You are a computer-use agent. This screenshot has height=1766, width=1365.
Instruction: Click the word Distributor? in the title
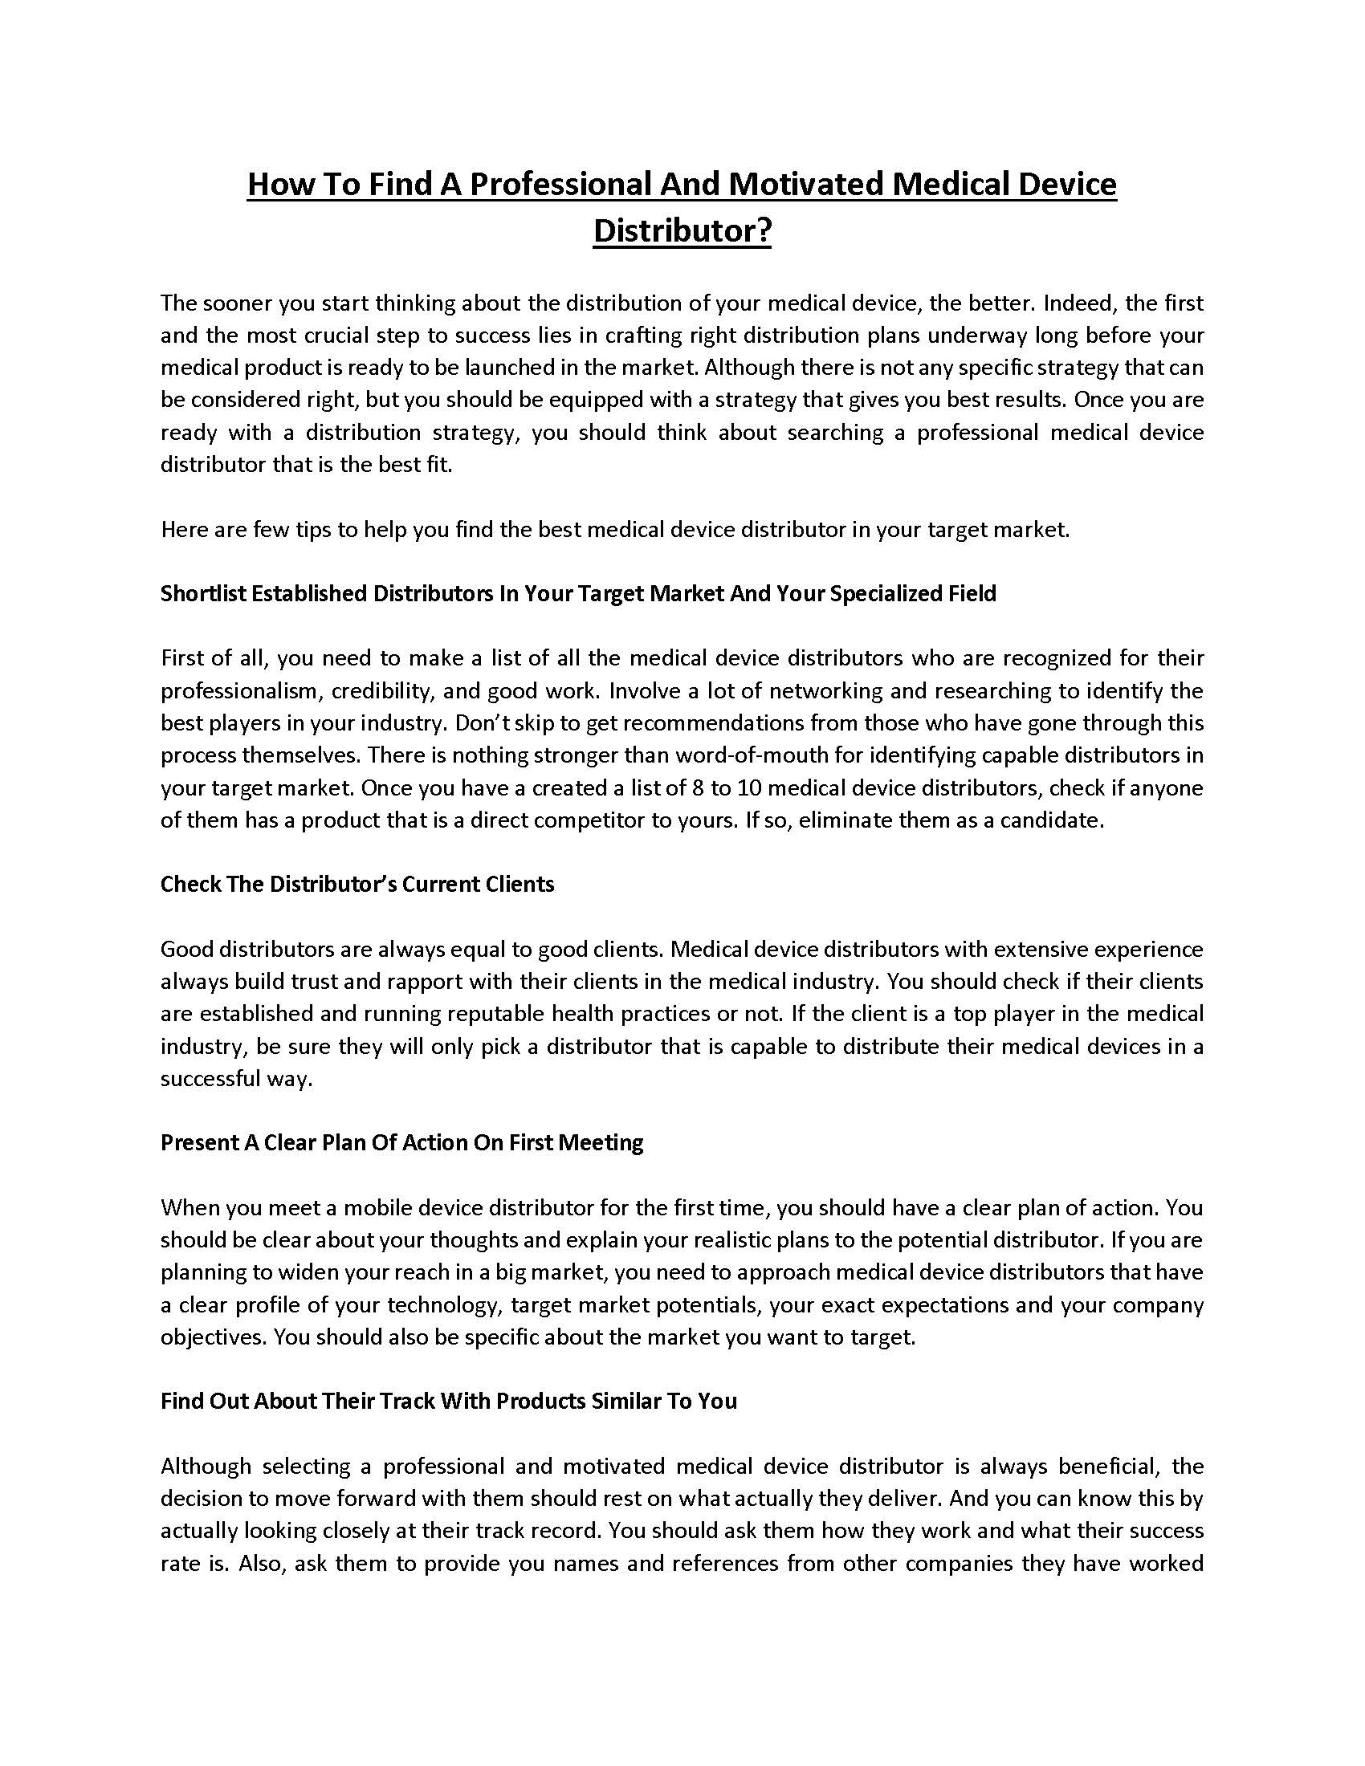click(x=682, y=230)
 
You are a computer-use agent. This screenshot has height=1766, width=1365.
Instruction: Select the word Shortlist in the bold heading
click(x=203, y=593)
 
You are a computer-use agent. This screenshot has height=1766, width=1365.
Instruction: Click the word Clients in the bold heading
click(x=518, y=884)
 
